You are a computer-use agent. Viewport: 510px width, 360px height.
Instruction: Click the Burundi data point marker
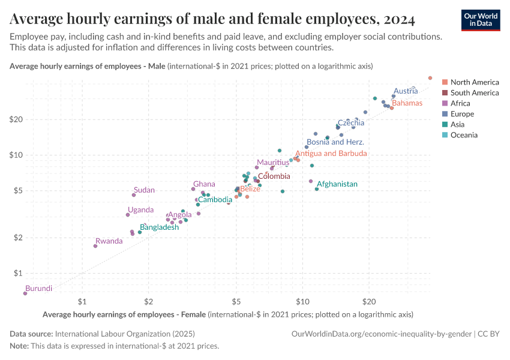tap(25, 293)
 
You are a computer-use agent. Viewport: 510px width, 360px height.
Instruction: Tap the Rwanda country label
tap(109, 241)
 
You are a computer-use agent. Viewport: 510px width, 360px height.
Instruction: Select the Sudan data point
tap(134, 195)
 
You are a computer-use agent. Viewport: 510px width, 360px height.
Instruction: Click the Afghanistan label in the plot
tap(337, 184)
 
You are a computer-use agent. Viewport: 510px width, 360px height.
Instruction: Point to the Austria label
tap(406, 91)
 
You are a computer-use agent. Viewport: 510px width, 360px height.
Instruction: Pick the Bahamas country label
tap(407, 103)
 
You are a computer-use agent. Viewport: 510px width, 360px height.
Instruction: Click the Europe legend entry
tap(462, 114)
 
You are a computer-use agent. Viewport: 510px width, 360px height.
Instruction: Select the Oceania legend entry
tap(464, 135)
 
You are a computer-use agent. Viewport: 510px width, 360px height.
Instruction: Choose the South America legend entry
tap(474, 93)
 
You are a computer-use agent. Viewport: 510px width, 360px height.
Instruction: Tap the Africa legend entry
tap(460, 103)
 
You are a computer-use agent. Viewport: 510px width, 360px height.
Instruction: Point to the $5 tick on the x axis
tap(236, 300)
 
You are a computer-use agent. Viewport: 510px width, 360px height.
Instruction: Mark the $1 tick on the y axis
tap(17, 273)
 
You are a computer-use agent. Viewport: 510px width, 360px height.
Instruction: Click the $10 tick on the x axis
tap(302, 300)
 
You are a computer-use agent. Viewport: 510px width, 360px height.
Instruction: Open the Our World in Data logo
tap(481, 20)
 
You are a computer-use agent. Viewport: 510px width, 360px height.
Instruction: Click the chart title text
tap(212, 19)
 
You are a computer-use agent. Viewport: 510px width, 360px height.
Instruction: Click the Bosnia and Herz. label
tap(335, 142)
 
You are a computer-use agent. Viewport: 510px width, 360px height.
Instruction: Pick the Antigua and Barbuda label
tap(331, 154)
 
